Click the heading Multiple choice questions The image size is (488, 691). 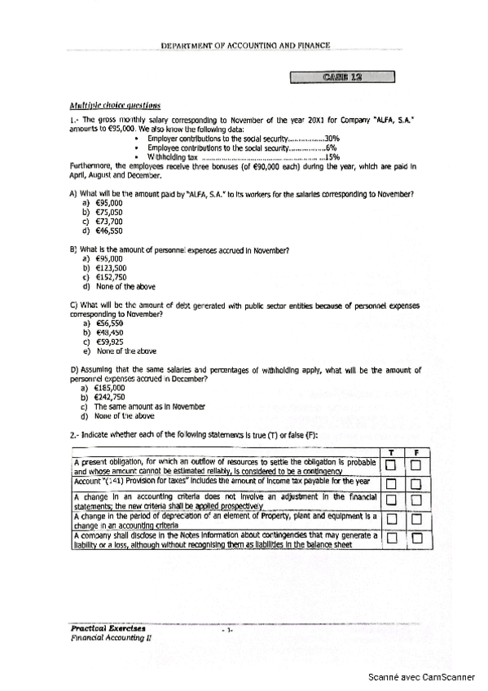[115, 105]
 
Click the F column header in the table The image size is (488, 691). [416, 452]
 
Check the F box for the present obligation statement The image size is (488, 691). [416, 465]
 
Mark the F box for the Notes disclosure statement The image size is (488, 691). [416, 537]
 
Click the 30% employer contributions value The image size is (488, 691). [332, 139]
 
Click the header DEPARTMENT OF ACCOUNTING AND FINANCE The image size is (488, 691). [245, 46]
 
